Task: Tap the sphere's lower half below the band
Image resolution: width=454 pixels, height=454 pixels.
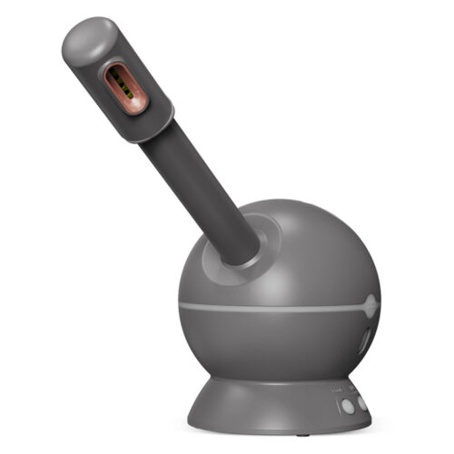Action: point(272,345)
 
